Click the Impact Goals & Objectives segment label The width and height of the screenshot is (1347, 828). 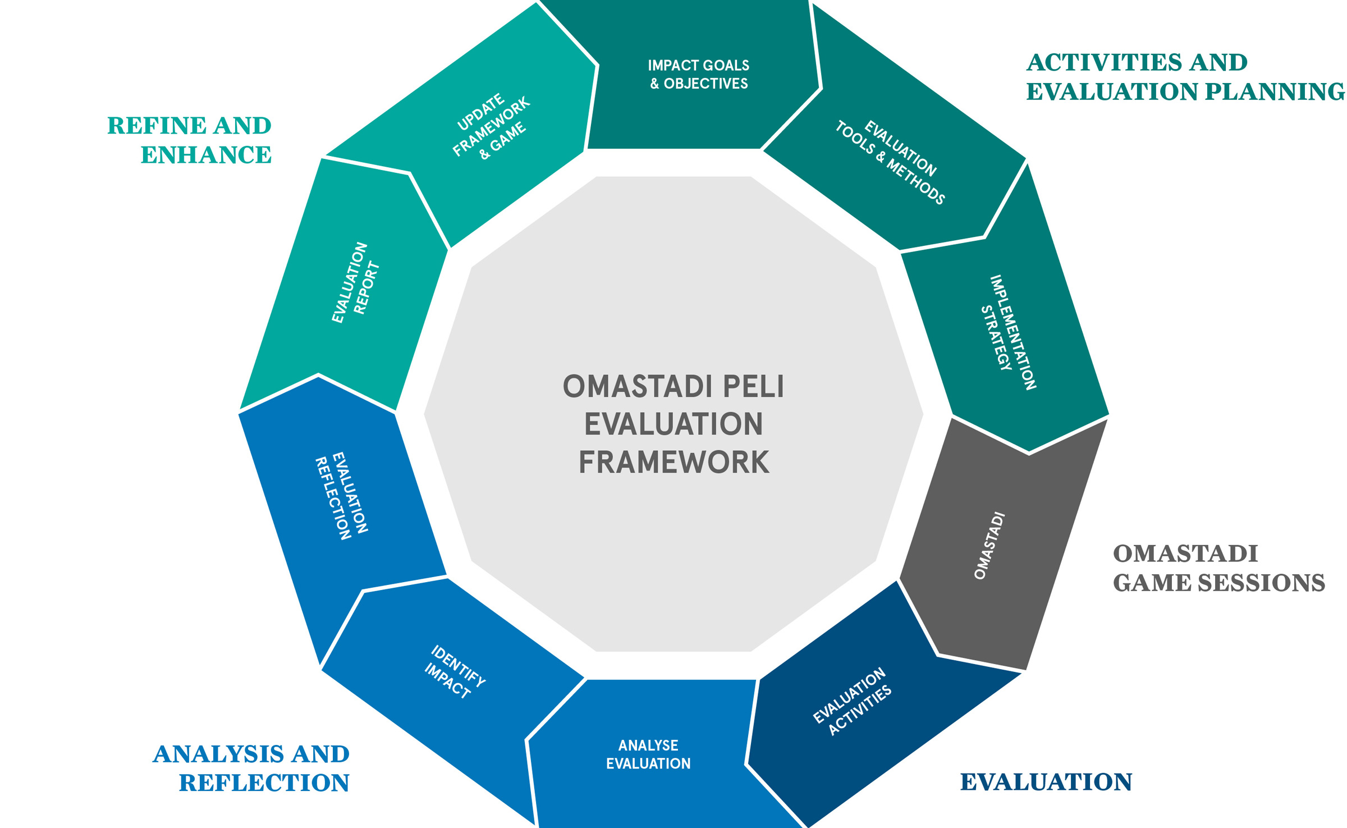(x=698, y=74)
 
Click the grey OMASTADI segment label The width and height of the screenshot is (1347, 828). (x=989, y=545)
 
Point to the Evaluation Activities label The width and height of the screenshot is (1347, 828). (x=852, y=702)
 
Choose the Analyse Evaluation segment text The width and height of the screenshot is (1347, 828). (x=648, y=754)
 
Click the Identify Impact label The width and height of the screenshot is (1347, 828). (x=455, y=672)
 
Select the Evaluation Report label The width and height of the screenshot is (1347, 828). (x=356, y=283)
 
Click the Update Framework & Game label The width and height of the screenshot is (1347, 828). (x=492, y=127)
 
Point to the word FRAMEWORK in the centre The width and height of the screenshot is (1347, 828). (x=673, y=463)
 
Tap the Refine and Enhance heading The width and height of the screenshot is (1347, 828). (x=189, y=140)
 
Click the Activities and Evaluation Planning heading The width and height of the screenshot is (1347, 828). (x=1184, y=77)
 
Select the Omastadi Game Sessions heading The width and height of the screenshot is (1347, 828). (x=1218, y=568)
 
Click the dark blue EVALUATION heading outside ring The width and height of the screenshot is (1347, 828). (x=1046, y=782)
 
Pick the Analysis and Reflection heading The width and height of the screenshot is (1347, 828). (x=251, y=768)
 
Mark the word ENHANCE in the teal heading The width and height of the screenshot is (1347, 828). (x=205, y=154)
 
